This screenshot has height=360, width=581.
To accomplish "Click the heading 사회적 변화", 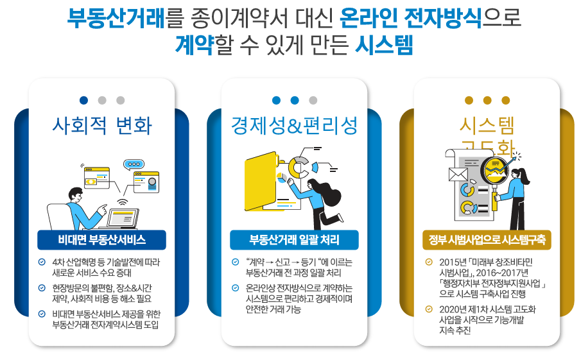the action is pyautogui.click(x=101, y=126).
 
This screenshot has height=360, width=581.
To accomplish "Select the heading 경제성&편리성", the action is pyautogui.click(x=294, y=126).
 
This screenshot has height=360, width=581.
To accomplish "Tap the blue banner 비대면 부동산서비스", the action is pyautogui.click(x=101, y=240).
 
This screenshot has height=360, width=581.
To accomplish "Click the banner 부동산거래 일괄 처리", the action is pyautogui.click(x=294, y=240).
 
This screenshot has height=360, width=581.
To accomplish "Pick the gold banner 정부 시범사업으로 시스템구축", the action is pyautogui.click(x=487, y=240).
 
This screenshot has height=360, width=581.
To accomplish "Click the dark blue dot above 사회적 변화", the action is pyautogui.click(x=83, y=100).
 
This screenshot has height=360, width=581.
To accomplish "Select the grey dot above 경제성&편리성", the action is pyautogui.click(x=313, y=100).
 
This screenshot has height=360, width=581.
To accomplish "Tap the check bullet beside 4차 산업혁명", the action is pyautogui.click(x=42, y=262).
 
